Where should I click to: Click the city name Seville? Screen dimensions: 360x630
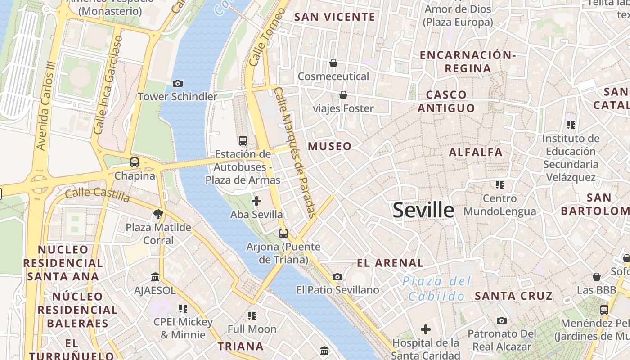point(423,210)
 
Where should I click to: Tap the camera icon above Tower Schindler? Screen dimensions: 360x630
point(178,83)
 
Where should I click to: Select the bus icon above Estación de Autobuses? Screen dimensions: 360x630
point(243,141)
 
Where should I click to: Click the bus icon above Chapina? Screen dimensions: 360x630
point(135,162)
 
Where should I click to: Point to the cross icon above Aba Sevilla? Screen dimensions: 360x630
point(256,201)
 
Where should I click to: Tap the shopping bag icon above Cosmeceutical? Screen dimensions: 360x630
point(333,63)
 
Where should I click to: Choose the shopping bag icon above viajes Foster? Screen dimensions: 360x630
point(343,95)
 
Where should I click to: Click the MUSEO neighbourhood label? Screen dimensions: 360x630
point(330,146)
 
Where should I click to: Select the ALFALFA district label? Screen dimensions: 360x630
point(476,152)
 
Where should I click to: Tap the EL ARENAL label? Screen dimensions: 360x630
point(390,263)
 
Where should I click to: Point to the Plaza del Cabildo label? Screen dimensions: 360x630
point(436,289)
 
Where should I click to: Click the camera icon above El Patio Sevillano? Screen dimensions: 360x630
point(337,277)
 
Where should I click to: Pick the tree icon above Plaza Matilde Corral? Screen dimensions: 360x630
point(158,214)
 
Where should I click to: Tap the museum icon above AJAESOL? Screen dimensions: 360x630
point(155,277)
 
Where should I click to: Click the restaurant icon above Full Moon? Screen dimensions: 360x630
point(252,316)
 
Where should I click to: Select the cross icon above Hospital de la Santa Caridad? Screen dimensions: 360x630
point(425,330)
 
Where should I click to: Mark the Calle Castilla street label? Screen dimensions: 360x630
point(98,194)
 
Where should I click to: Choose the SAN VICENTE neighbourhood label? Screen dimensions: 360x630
point(334,17)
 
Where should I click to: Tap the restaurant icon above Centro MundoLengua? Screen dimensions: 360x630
point(499,185)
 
